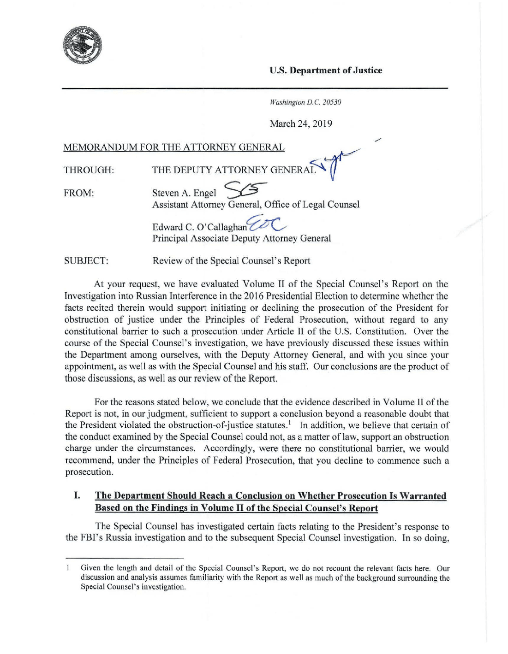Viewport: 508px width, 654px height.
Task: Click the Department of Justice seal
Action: pos(82,45)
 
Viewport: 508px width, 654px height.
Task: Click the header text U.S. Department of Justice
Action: pos(326,71)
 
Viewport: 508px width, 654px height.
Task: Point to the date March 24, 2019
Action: pos(301,124)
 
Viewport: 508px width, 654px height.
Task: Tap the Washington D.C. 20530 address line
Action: pos(305,102)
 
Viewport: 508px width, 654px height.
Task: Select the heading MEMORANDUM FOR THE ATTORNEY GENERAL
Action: pos(174,147)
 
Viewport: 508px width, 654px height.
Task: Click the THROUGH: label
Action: pos(89,170)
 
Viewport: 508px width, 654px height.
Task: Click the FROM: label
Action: pos(79,193)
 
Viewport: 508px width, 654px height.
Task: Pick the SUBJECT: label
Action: pos(86,261)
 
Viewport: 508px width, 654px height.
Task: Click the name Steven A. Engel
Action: pos(184,193)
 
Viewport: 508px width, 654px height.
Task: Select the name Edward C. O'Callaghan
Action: pos(200,227)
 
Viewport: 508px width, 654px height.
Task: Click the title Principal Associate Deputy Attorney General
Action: pos(242,238)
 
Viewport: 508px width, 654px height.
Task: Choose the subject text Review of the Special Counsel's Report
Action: pos(231,261)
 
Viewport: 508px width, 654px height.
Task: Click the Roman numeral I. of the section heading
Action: pos(77,495)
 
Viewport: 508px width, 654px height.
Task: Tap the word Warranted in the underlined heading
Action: pos(423,496)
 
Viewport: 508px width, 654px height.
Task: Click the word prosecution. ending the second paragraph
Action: pos(89,472)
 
